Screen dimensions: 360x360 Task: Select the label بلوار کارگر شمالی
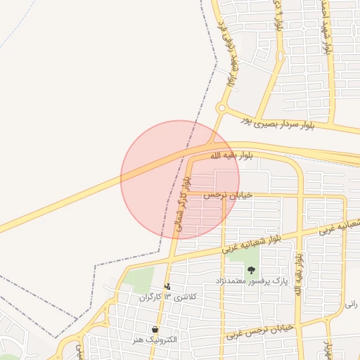(x=181, y=204)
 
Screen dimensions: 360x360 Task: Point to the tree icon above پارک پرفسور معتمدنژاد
(x=251, y=270)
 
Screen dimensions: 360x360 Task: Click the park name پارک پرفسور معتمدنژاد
(x=251, y=282)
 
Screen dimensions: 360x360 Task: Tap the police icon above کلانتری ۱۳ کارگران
(x=167, y=286)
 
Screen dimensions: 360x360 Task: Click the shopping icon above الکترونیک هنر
(x=154, y=329)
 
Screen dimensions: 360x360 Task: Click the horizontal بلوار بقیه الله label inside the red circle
(x=230, y=155)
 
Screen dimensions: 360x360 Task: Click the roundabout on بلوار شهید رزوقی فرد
(x=221, y=109)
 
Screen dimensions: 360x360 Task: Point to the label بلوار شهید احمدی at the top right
(x=325, y=28)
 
